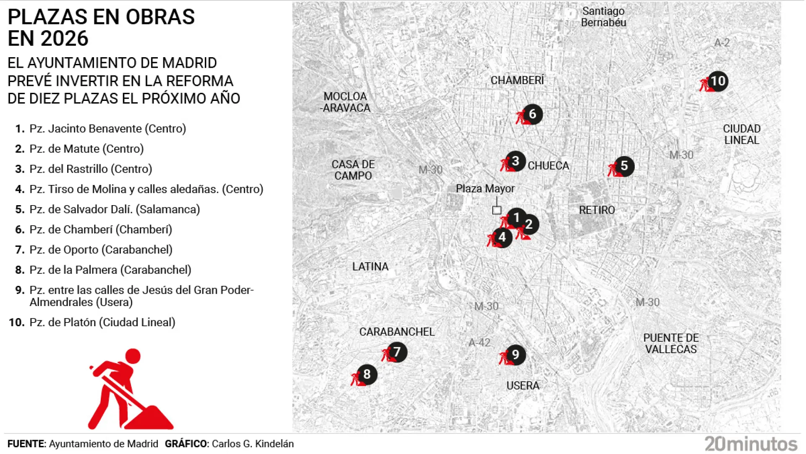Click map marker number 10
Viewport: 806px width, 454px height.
718,81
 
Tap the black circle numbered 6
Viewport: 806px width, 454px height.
532,114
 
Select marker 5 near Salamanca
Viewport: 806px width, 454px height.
624,166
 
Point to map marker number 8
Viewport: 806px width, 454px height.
367,374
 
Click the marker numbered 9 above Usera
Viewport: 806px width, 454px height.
515,355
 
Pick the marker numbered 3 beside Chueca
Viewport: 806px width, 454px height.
516,161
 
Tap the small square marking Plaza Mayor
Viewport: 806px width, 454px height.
497,210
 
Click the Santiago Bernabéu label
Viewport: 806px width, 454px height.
603,17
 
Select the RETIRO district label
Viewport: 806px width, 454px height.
597,210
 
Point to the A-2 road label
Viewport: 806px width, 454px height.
722,42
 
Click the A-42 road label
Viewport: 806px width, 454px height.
479,343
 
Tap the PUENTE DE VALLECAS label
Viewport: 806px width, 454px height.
671,343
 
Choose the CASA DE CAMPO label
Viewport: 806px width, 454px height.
353,170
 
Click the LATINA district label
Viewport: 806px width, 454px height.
370,267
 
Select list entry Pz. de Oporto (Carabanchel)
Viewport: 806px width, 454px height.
101,250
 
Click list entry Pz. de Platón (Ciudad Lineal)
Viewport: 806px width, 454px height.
102,322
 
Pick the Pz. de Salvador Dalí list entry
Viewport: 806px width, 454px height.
114,209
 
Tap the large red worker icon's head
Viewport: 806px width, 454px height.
133,356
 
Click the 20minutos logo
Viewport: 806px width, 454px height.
751,444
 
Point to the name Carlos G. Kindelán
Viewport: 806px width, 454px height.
253,444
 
